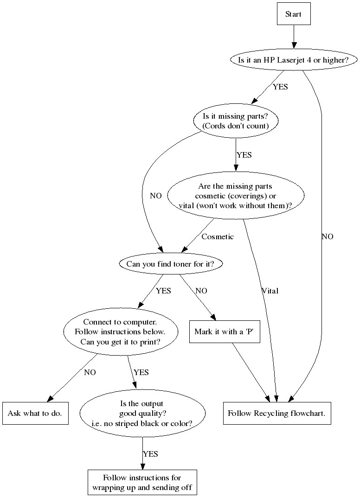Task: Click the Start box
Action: click(293, 14)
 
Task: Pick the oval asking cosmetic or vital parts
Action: click(236, 196)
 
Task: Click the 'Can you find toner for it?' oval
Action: click(171, 264)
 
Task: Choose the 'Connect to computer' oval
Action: click(120, 332)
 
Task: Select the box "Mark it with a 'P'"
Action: click(225, 332)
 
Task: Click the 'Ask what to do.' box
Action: click(35, 413)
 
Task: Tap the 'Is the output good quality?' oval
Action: click(142, 413)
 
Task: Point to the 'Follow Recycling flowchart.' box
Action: click(277, 413)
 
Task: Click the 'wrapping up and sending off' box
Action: click(142, 483)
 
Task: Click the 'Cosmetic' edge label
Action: click(218, 237)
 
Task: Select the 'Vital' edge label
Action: click(270, 291)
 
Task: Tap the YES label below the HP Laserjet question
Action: click(280, 87)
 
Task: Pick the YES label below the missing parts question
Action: click(244, 155)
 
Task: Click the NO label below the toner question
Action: click(201, 291)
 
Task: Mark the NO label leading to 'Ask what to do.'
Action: click(90, 372)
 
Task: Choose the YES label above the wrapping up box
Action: click(150, 454)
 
